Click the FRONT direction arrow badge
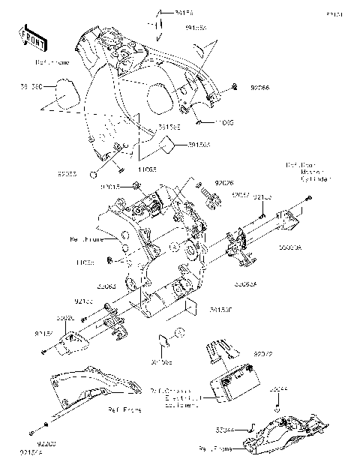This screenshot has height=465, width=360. click(29, 37)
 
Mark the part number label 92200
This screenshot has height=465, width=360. click(49, 444)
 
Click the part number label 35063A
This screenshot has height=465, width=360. click(244, 284)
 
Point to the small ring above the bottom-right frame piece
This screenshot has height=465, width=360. click(278, 409)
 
